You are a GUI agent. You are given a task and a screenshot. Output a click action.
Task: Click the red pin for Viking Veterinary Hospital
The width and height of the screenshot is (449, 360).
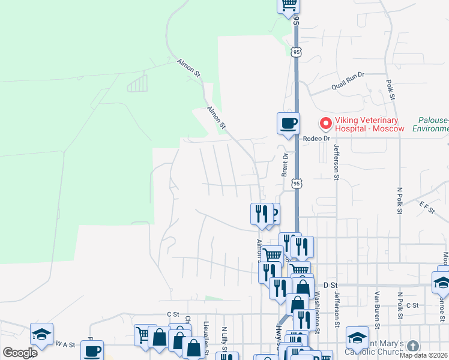click(x=326, y=123)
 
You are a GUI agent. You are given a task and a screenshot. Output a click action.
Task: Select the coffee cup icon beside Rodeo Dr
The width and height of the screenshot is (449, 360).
click(x=288, y=123)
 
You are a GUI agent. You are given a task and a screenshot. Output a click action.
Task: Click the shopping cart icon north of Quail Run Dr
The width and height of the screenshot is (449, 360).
click(x=288, y=4)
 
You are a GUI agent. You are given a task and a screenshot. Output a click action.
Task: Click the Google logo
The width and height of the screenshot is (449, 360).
click(x=20, y=353)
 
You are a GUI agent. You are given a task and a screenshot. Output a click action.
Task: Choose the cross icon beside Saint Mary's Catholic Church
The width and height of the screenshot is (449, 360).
click(x=412, y=346)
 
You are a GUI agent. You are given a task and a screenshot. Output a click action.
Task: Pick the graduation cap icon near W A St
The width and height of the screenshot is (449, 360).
click(x=41, y=334)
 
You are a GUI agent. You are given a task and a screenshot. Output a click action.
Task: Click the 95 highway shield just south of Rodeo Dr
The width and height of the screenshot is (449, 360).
click(x=297, y=182)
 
